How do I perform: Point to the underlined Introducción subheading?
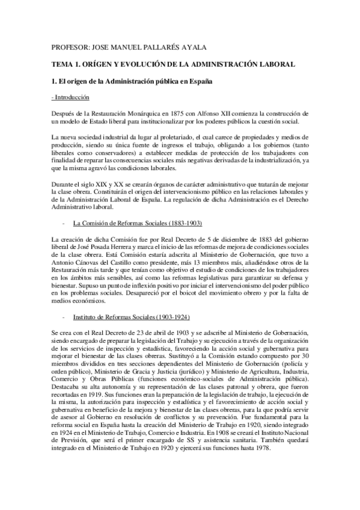(x=71, y=97)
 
